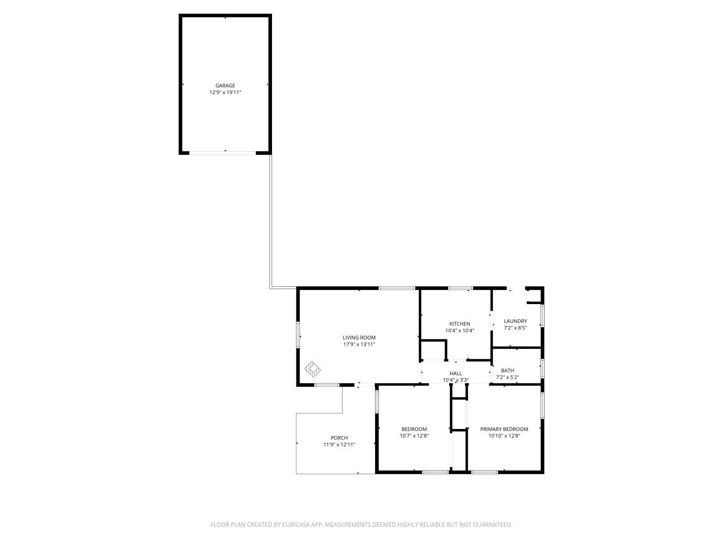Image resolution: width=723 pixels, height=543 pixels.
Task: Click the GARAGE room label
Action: tap(225, 86)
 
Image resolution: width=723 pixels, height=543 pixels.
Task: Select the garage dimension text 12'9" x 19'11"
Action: tap(225, 92)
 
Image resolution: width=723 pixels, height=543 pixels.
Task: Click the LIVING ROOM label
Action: tap(359, 338)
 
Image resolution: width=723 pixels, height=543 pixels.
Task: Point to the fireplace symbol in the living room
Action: tap(312, 369)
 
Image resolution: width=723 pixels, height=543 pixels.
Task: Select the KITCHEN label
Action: tap(460, 324)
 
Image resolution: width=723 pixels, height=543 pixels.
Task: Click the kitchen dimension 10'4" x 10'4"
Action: tap(460, 331)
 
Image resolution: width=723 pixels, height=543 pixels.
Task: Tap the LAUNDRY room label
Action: tap(515, 321)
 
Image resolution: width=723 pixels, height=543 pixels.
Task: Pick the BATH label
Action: tap(507, 371)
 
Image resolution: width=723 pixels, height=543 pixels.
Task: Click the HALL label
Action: tap(455, 374)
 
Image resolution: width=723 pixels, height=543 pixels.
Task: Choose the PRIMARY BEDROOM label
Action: tap(504, 429)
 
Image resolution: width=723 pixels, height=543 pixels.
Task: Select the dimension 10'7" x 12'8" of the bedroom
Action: tap(414, 436)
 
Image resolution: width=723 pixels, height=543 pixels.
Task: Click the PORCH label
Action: tap(339, 438)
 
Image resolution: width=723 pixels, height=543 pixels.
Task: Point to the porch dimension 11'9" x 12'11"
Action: tap(339, 445)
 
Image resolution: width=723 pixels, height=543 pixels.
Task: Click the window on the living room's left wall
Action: tap(298, 335)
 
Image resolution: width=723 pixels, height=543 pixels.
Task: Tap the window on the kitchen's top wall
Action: tap(460, 288)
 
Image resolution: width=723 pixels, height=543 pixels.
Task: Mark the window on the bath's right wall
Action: tap(542, 368)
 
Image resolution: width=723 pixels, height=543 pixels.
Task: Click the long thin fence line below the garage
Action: tap(270, 222)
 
